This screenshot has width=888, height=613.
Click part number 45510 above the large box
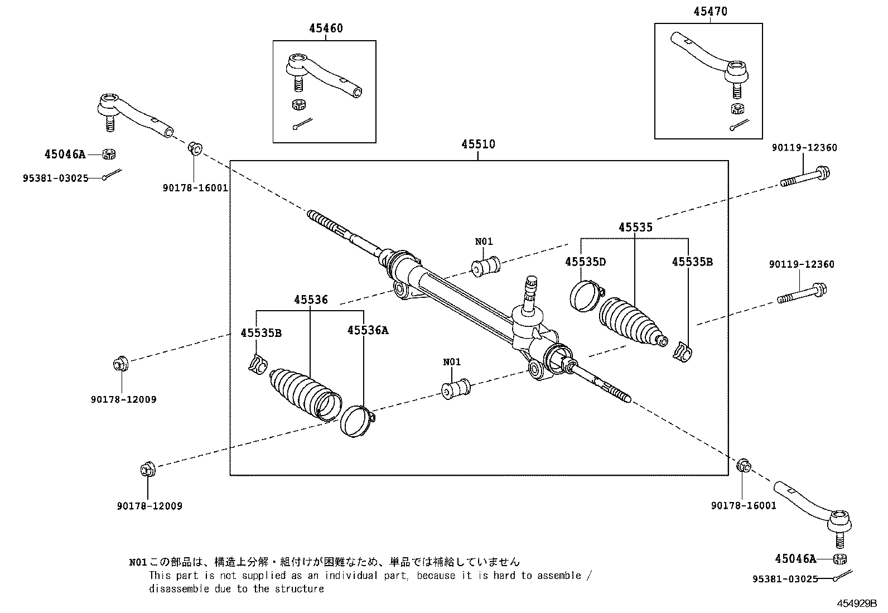[x=477, y=144]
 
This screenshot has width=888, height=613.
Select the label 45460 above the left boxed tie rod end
[x=326, y=28]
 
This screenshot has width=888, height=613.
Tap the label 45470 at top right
[x=710, y=11]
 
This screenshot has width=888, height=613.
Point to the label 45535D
[x=585, y=262]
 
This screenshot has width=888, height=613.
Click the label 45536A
[x=367, y=330]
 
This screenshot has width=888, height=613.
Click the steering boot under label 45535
[x=631, y=322]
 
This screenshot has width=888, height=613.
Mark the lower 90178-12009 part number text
[x=149, y=506]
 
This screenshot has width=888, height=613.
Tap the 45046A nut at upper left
[x=109, y=153]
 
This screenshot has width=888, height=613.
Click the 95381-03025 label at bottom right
[x=784, y=579]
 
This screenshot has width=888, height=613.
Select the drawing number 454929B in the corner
[x=856, y=604]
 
